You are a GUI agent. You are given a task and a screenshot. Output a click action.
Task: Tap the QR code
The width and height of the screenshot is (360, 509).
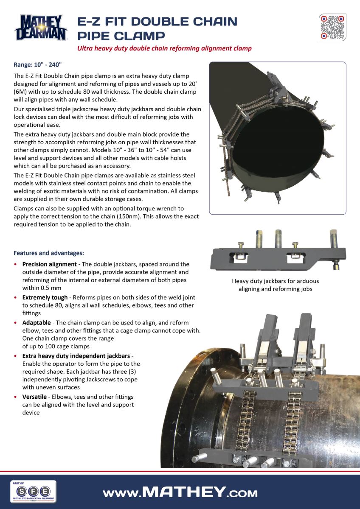332,28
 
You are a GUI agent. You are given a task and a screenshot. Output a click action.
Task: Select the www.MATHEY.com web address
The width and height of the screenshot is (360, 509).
180,492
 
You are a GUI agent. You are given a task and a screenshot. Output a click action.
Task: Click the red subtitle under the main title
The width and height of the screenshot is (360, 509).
164,48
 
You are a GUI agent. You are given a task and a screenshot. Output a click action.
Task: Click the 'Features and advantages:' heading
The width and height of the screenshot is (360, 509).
48,253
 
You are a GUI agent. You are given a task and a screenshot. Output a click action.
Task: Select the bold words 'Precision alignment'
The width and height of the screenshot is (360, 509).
49,265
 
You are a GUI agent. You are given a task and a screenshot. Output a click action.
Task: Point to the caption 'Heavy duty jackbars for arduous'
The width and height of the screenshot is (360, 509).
276,281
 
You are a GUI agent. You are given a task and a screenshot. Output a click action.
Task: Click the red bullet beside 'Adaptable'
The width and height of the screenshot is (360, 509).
16,323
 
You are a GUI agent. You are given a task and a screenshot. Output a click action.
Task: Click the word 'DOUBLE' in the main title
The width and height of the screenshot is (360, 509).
166,21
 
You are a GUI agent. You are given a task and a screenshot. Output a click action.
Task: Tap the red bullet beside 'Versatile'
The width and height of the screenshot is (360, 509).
16,397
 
